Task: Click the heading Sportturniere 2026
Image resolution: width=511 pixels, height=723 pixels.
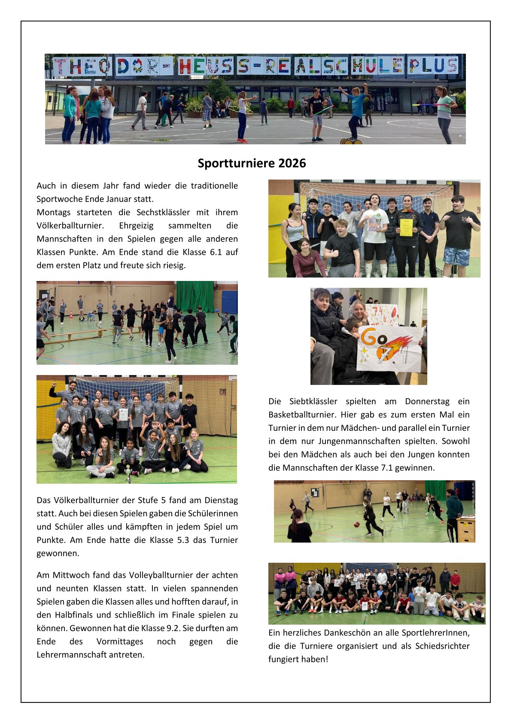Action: tap(252, 163)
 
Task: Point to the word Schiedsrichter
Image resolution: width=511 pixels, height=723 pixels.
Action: tap(442, 646)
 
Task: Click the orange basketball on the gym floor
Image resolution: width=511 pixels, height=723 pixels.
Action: tap(356, 525)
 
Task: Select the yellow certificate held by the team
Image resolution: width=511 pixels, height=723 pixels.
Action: tap(406, 226)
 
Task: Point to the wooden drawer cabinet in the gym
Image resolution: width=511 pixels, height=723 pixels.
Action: tap(465, 529)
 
